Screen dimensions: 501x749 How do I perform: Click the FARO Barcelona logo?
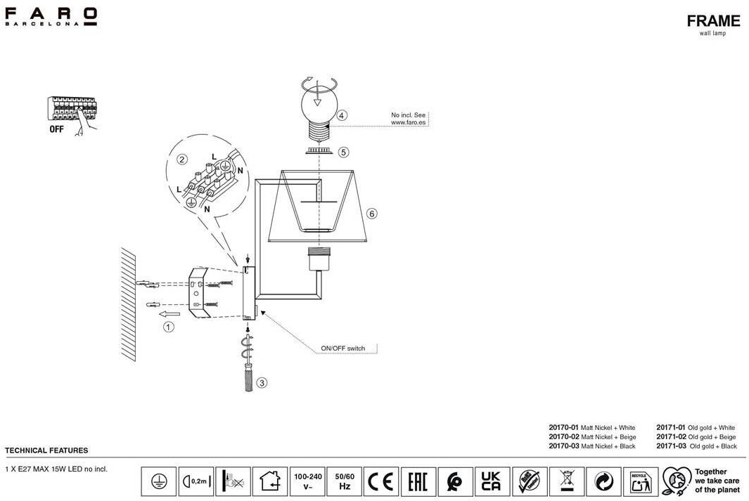coord(51,16)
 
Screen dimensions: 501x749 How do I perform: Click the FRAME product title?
coord(713,21)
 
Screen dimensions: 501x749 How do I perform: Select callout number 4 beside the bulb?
coord(342,115)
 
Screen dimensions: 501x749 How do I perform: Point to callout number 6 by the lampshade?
coord(372,213)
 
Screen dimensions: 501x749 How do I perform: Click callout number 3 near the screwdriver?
coord(262,383)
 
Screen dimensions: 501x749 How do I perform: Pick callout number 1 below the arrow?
coord(168,327)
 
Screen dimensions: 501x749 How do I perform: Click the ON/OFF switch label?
coord(343,348)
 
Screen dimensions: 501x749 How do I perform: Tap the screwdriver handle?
coord(248,380)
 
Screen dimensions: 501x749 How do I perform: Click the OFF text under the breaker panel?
coord(57,129)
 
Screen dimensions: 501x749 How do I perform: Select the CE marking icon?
coord(380,481)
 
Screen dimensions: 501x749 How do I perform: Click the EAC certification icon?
coord(418,481)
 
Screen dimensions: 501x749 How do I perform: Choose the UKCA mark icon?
coord(492,481)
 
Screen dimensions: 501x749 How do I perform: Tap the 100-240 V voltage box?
coord(307,481)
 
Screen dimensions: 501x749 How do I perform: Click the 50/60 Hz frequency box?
coord(345,481)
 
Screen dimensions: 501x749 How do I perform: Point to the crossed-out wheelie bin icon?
coord(566,481)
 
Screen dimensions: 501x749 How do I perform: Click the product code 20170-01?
coord(563,427)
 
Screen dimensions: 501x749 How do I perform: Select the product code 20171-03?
coord(670,446)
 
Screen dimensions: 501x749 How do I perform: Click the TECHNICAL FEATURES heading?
coord(46,450)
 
